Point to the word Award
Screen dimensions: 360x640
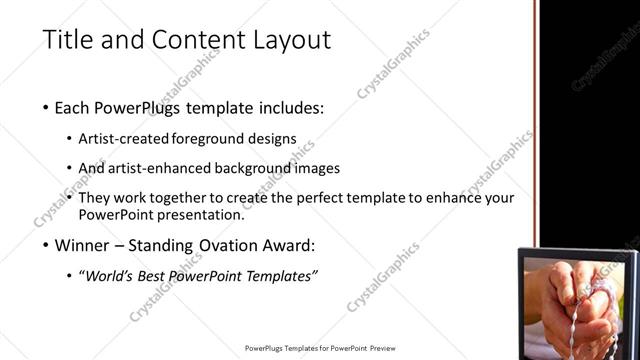(x=286, y=244)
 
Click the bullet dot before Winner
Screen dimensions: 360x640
(x=47, y=245)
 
